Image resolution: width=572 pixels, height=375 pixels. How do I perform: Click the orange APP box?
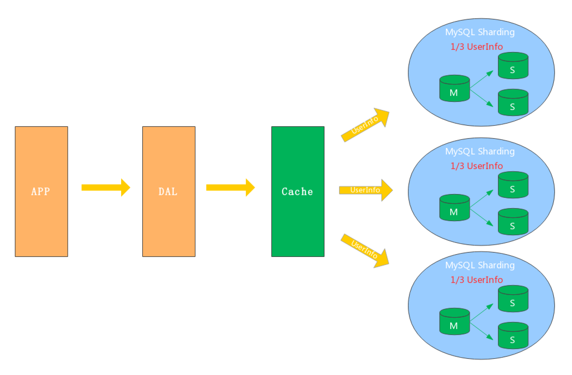click(x=41, y=191)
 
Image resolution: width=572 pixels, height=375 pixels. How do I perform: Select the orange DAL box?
click(x=169, y=191)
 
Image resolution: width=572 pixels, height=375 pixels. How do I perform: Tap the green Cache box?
click(x=298, y=191)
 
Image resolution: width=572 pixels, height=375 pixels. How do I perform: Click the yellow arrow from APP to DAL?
click(x=106, y=187)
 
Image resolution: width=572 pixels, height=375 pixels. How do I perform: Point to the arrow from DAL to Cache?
click(x=230, y=187)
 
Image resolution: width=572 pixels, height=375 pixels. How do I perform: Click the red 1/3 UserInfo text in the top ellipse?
click(x=476, y=47)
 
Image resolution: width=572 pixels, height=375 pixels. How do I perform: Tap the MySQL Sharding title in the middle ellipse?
click(x=480, y=152)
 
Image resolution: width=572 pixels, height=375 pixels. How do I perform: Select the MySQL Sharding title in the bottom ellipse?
click(x=480, y=265)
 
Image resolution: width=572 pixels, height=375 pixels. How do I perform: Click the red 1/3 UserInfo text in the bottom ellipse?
click(x=476, y=280)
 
